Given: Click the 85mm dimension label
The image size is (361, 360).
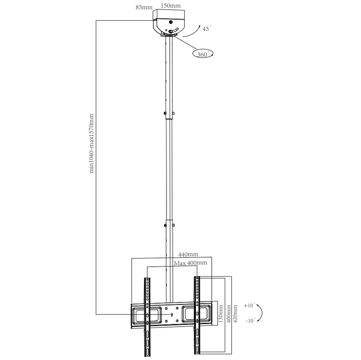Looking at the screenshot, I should click(144, 8).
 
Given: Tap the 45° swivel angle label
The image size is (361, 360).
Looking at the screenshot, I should click(207, 28).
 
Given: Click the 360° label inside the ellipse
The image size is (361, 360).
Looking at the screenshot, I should click(203, 54).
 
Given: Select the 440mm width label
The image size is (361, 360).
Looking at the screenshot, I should click(188, 255).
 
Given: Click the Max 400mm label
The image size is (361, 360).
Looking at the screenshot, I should click(190, 263).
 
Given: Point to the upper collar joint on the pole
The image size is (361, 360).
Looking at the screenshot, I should click(169, 114).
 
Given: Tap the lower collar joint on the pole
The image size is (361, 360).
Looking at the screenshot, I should click(169, 224).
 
